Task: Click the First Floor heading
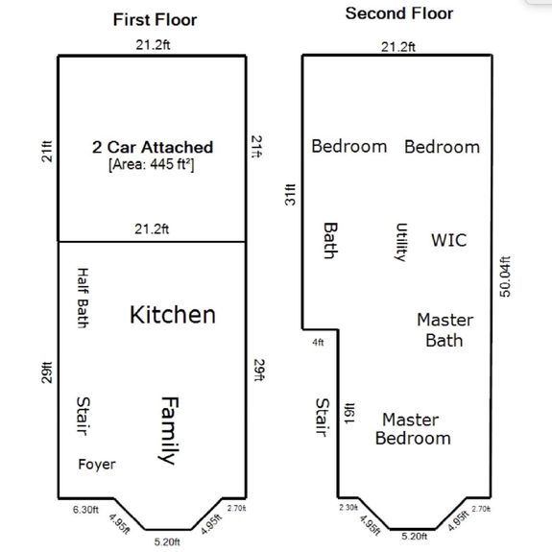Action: [155, 20]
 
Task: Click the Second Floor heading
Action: [399, 13]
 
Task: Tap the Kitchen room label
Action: [173, 315]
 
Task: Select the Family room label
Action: [169, 430]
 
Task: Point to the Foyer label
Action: [97, 465]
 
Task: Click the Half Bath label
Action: [84, 298]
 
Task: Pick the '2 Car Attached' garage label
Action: [153, 147]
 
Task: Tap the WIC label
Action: [449, 240]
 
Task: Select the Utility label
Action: [401, 242]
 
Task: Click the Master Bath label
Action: [444, 330]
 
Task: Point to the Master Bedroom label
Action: [413, 429]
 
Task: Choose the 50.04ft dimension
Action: [505, 276]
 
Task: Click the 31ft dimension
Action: [290, 195]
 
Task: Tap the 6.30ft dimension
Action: [85, 510]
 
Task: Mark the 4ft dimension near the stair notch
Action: [318, 342]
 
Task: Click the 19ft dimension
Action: [349, 413]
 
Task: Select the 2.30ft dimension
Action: [348, 507]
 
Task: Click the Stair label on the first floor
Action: [84, 416]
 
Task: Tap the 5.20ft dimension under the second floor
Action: [415, 536]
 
